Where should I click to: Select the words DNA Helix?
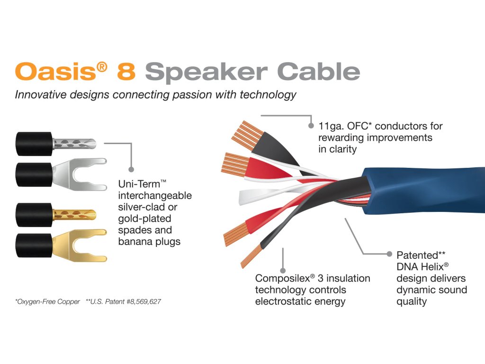click(419, 267)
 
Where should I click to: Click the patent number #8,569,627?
click(141, 301)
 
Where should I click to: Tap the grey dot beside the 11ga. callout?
click(311, 126)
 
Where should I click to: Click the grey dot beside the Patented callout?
click(389, 255)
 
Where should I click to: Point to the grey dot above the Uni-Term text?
click(132, 169)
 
